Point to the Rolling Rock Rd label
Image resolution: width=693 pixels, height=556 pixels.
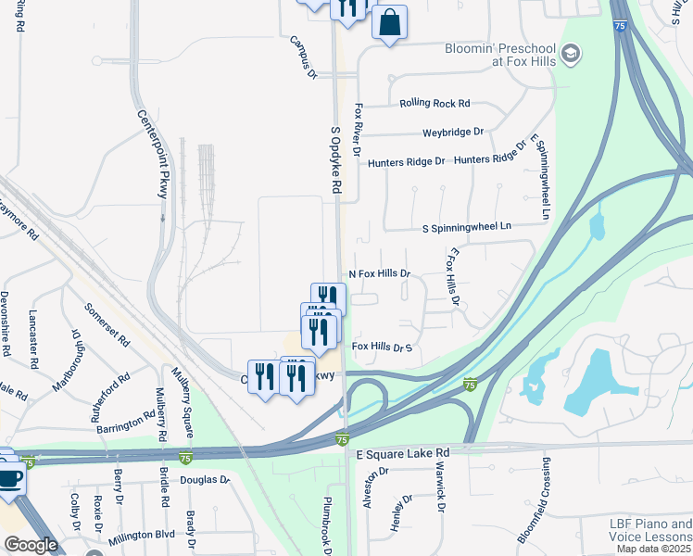tap(435, 104)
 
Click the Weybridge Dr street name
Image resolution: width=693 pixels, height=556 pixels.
tap(453, 133)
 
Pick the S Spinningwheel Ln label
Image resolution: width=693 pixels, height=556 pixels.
tap(466, 226)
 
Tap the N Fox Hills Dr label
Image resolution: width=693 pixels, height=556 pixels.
tap(379, 274)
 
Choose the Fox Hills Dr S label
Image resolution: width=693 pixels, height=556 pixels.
tap(381, 347)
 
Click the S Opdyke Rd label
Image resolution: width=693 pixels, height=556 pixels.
tap(335, 159)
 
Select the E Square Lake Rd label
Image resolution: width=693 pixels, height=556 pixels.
tap(403, 452)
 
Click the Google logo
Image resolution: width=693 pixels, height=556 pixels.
tap(31, 545)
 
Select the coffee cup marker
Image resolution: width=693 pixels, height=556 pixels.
tap(10, 479)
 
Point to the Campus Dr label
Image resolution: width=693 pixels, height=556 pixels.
tap(303, 57)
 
